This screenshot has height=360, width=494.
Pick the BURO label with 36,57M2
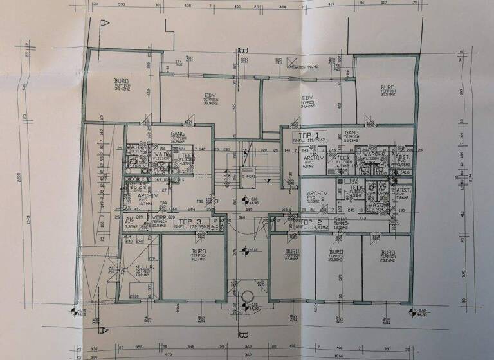tap(387, 91)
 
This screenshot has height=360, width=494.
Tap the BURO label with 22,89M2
tap(293, 256)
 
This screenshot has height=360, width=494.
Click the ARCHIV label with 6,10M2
tap(310, 163)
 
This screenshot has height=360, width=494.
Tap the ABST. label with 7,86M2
tap(403, 195)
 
